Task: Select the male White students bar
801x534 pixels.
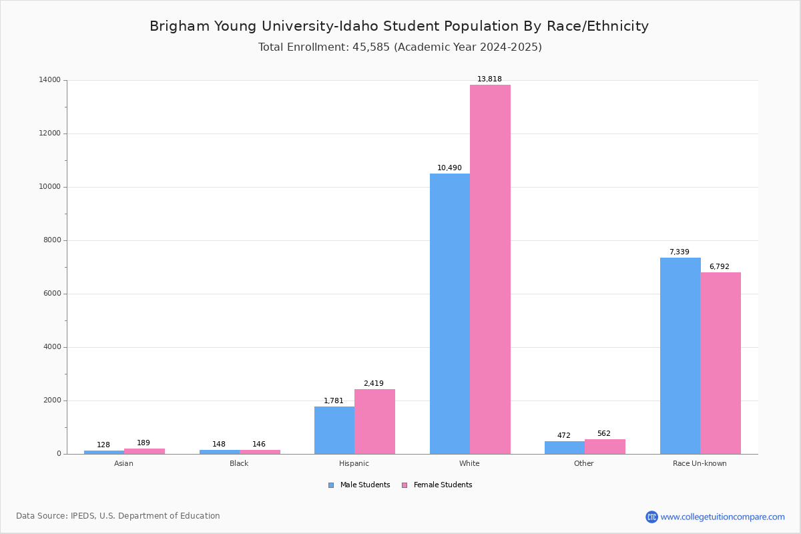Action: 450,314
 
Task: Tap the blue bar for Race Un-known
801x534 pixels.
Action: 680,356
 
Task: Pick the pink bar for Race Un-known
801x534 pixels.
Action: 720,363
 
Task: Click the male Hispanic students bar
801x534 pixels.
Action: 334,430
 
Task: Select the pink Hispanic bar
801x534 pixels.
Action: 374,421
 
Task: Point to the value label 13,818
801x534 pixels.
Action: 489,79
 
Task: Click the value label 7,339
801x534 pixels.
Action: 679,252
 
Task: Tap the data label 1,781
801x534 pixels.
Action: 334,400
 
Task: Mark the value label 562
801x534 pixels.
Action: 603,433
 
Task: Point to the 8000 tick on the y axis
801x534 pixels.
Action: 52,240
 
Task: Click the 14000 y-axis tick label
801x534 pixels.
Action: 50,80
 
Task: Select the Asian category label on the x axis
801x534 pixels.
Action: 123,463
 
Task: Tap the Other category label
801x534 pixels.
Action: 583,463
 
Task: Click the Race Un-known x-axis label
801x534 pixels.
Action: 700,463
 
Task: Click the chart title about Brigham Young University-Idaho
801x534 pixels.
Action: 399,26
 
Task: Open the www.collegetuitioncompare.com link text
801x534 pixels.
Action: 722,517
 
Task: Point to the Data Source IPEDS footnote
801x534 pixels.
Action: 118,516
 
